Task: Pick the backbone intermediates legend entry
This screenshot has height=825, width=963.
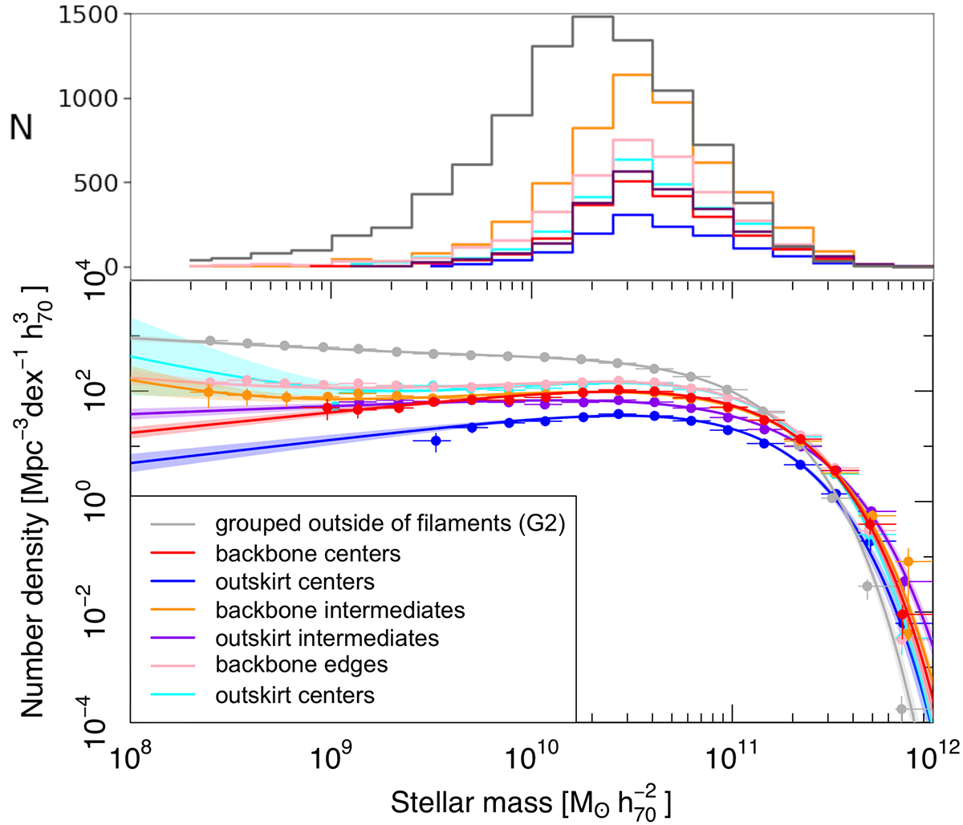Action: pos(340,610)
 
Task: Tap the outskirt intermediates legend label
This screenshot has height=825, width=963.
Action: pos(327,638)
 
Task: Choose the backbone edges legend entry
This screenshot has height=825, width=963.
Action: pos(302,665)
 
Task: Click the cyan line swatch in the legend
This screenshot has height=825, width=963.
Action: pos(176,694)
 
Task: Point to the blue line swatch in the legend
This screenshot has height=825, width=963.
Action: pos(176,582)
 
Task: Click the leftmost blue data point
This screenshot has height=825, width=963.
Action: pos(436,441)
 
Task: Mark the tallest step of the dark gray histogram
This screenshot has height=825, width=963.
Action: pos(592,17)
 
